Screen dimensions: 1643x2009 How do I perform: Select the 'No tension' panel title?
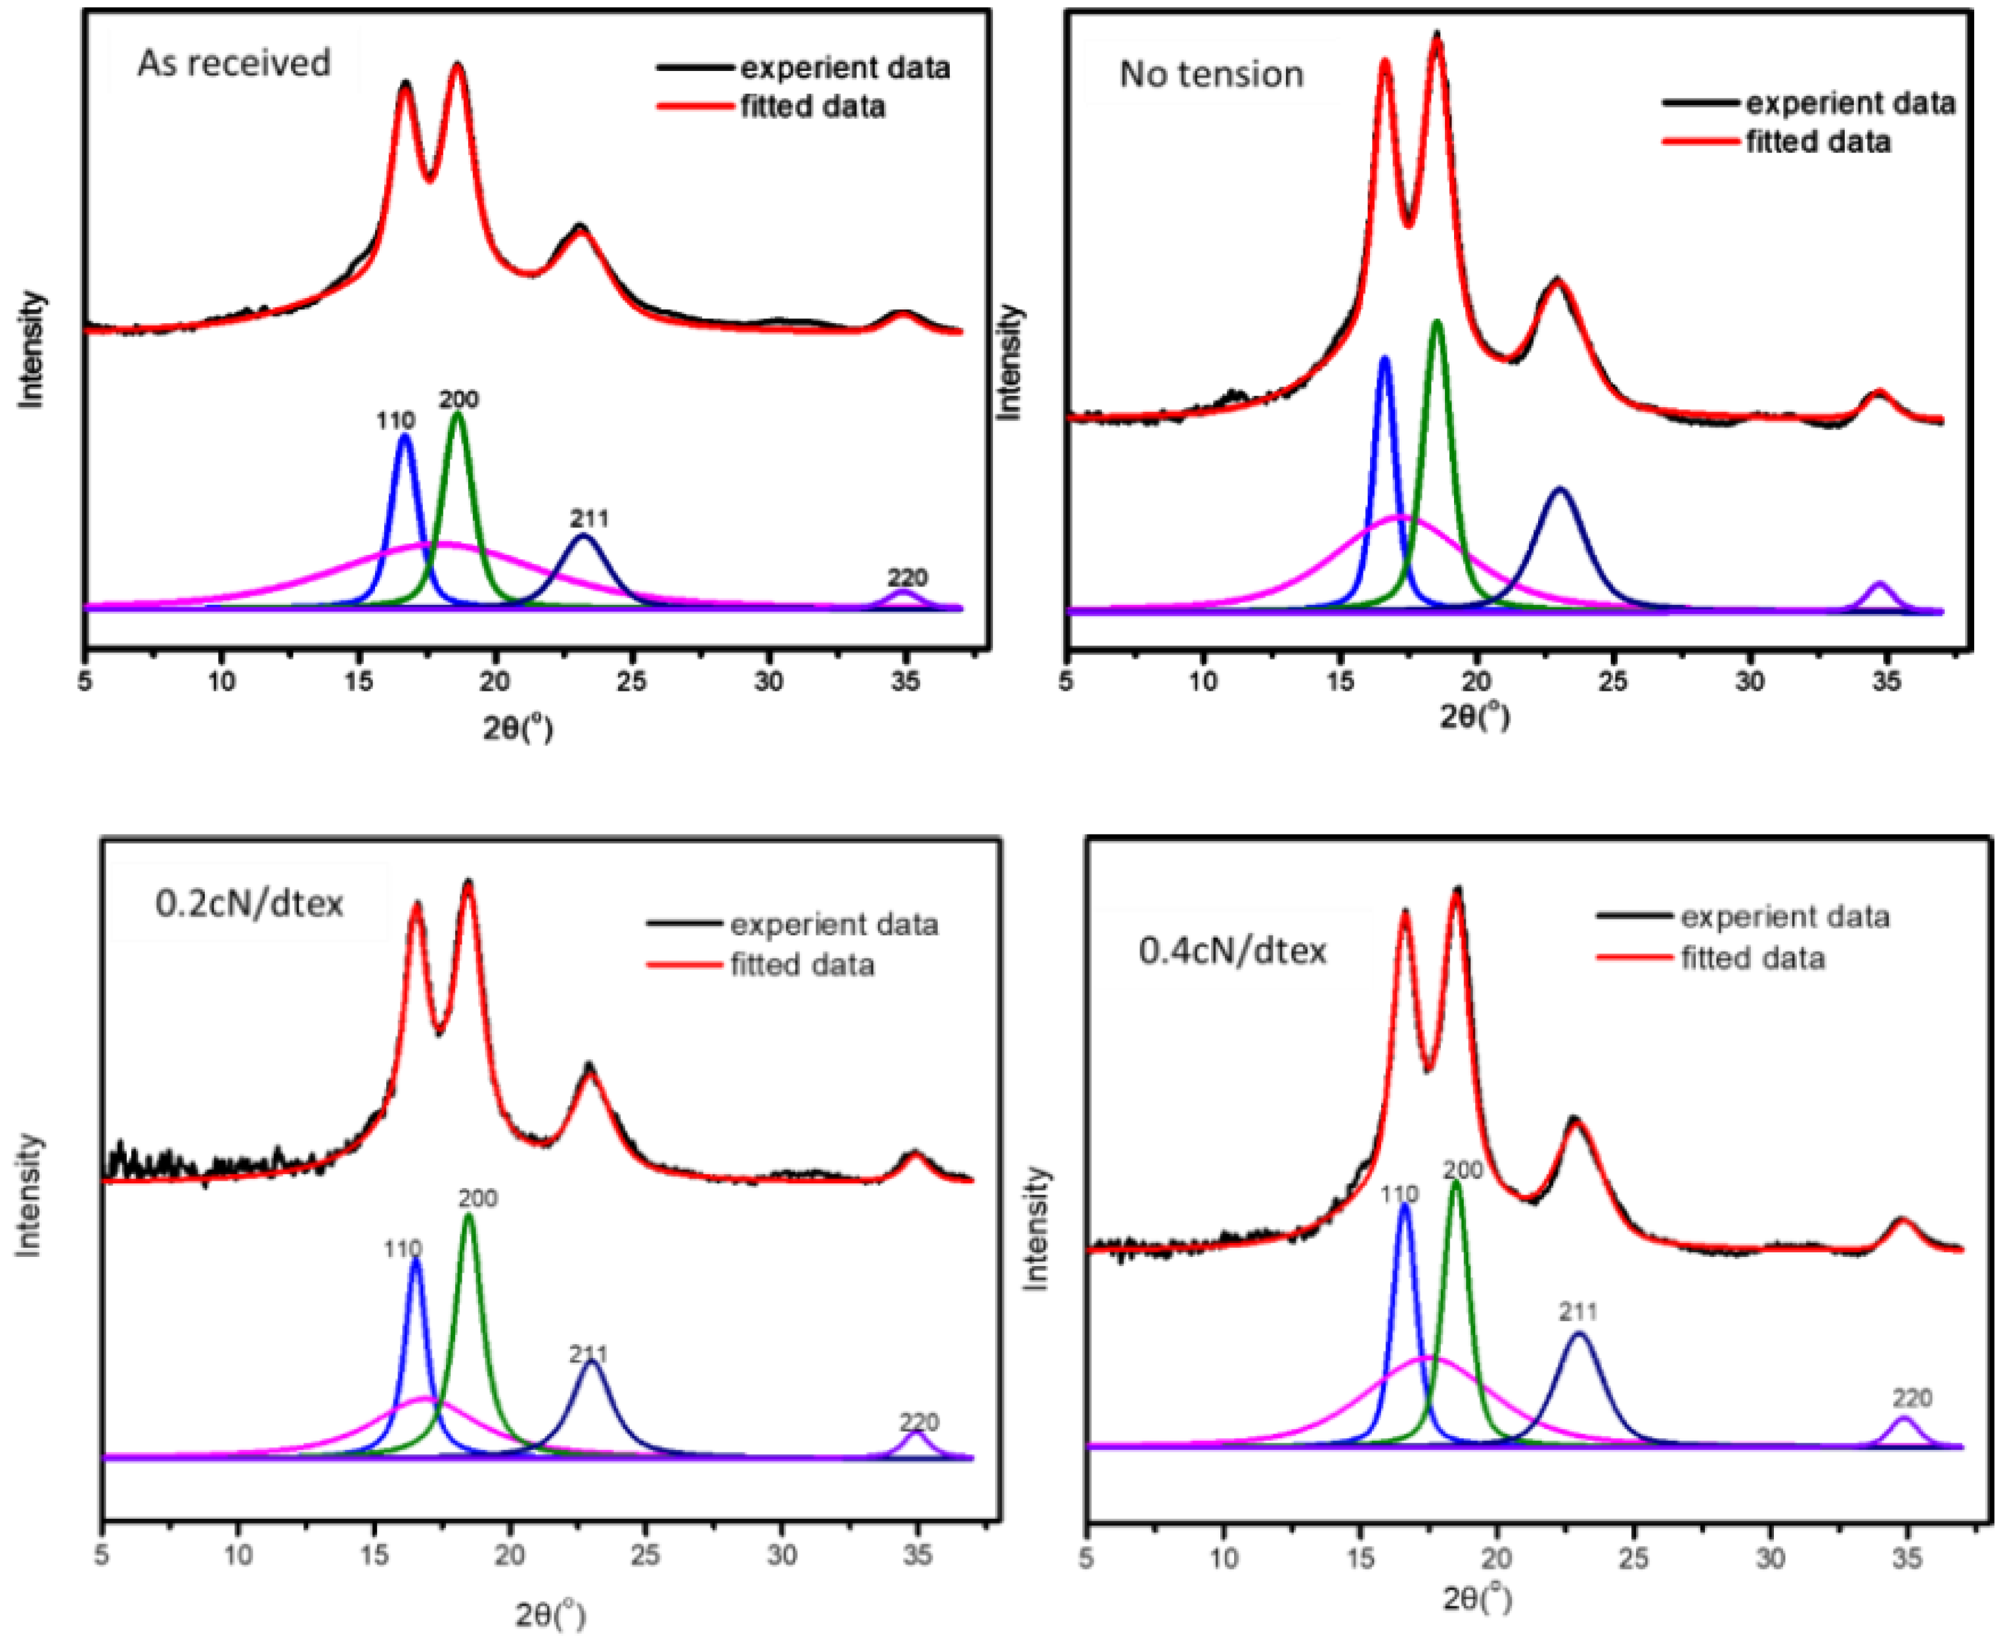(x=1210, y=74)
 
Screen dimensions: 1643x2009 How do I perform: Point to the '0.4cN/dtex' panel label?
(x=1232, y=950)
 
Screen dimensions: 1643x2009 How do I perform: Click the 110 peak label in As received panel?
(x=395, y=420)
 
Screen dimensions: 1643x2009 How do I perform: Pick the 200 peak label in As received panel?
(x=459, y=399)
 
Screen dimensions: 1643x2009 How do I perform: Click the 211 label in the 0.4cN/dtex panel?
(x=1578, y=1312)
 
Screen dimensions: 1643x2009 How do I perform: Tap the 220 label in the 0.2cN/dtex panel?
(x=919, y=1422)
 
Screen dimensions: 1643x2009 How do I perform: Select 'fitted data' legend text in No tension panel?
(x=1818, y=142)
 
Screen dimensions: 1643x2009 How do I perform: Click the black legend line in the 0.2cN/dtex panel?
(x=685, y=923)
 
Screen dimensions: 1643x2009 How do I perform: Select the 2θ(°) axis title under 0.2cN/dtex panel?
(x=550, y=1615)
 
